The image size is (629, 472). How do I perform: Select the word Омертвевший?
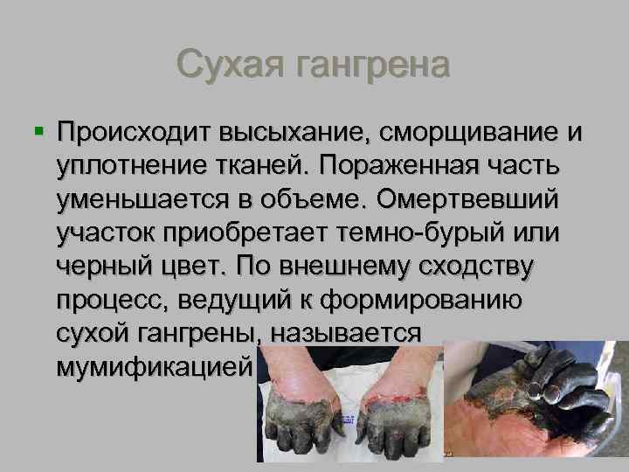485,200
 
